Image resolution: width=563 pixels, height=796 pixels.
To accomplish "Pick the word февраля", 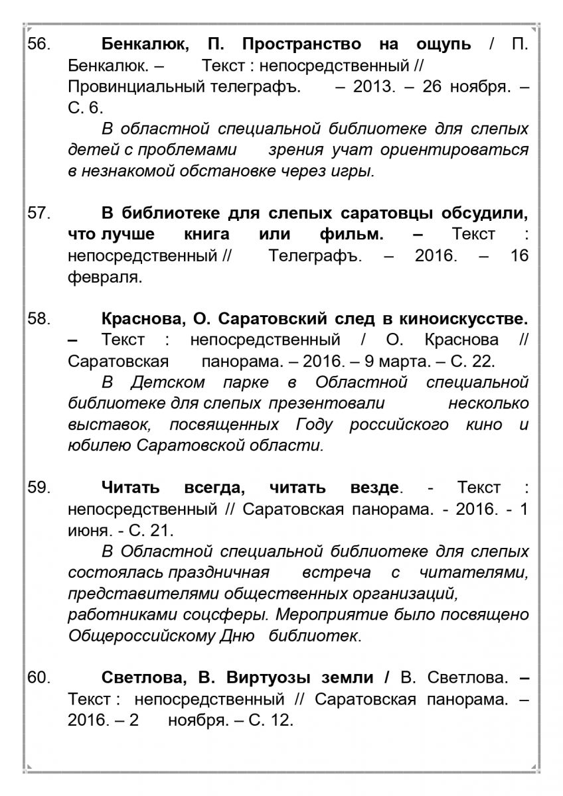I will pos(105,277).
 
